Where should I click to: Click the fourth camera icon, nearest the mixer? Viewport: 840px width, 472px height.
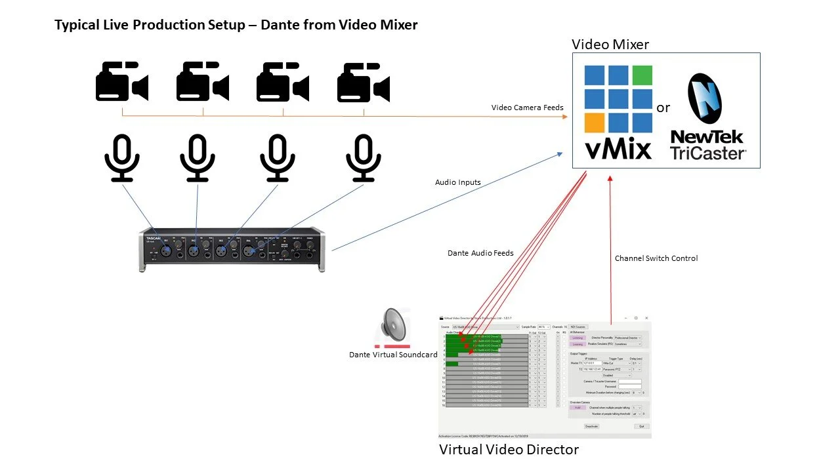click(363, 82)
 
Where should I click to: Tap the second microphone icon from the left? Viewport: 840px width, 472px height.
click(197, 157)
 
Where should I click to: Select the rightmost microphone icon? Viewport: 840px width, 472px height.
click(363, 157)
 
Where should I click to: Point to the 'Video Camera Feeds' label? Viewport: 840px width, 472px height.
click(527, 108)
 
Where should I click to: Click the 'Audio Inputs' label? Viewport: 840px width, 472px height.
click(457, 182)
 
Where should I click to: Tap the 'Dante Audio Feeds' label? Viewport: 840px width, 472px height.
click(480, 253)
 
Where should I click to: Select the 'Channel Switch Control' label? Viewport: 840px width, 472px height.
click(656, 258)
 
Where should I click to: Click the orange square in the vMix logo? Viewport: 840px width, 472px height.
click(595, 123)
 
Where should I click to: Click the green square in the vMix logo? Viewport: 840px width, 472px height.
click(642, 75)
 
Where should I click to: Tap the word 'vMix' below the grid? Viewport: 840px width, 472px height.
click(618, 148)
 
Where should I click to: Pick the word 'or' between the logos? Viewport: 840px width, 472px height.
click(663, 108)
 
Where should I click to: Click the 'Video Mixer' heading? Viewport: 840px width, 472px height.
click(610, 45)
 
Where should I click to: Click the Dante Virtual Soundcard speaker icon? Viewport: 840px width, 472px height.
click(392, 326)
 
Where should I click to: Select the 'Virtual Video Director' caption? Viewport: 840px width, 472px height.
click(509, 450)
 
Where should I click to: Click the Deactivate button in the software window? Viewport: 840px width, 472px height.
click(591, 426)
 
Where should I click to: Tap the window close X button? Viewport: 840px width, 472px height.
click(646, 318)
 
